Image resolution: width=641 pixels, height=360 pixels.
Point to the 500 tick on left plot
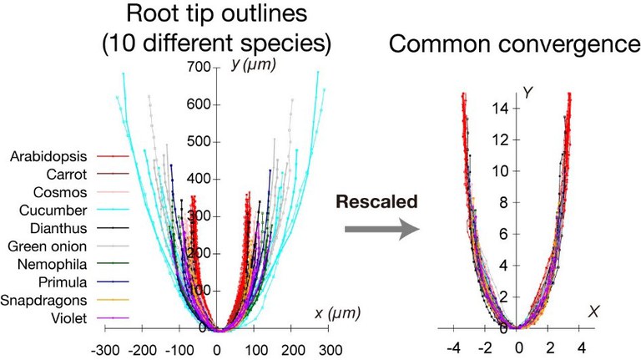click(x=197, y=141)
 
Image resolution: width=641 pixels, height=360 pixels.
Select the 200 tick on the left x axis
click(x=292, y=348)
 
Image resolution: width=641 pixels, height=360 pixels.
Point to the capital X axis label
click(x=594, y=311)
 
